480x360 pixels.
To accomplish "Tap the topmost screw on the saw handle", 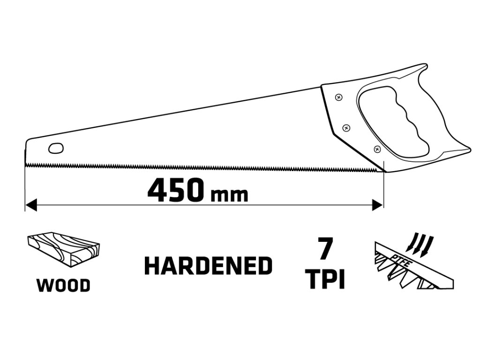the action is [x=338, y=97].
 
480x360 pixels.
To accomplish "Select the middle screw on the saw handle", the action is [x=346, y=127].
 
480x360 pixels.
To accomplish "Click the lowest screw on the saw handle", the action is [x=377, y=149].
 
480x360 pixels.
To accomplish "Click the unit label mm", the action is [x=229, y=194].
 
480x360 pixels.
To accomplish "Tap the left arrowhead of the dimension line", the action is [x=30, y=205].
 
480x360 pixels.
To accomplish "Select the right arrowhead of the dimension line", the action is [x=378, y=205].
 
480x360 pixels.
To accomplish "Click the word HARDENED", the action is [x=208, y=266].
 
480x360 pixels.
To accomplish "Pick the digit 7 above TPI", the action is [x=324, y=248].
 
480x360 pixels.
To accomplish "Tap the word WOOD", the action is [x=63, y=285].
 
